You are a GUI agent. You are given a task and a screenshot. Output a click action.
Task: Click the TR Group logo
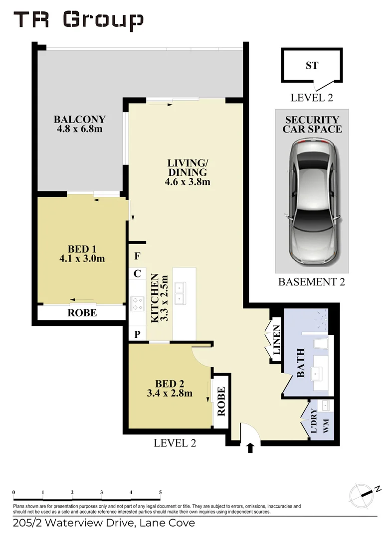[x=78, y=20]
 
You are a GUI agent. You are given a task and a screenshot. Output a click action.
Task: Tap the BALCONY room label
[x=80, y=120]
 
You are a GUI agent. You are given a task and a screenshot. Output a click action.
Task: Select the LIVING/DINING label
[x=187, y=167]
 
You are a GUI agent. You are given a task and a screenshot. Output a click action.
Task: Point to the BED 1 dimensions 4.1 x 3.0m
[x=82, y=259]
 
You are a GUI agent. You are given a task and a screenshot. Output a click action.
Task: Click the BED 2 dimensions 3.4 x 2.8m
[x=170, y=393]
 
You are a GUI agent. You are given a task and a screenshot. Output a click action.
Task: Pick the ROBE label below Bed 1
[x=82, y=313]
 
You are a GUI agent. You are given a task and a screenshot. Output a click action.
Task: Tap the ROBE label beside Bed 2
[x=220, y=402]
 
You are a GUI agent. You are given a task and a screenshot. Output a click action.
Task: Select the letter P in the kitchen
[x=137, y=334]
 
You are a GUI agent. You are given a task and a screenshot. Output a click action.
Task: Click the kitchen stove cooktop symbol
[x=137, y=303]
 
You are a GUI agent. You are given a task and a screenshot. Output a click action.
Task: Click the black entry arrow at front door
[x=250, y=448]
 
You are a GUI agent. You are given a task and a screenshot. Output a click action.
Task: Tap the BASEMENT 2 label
[x=312, y=282]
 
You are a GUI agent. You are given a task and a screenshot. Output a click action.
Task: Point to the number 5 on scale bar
[x=160, y=492]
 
